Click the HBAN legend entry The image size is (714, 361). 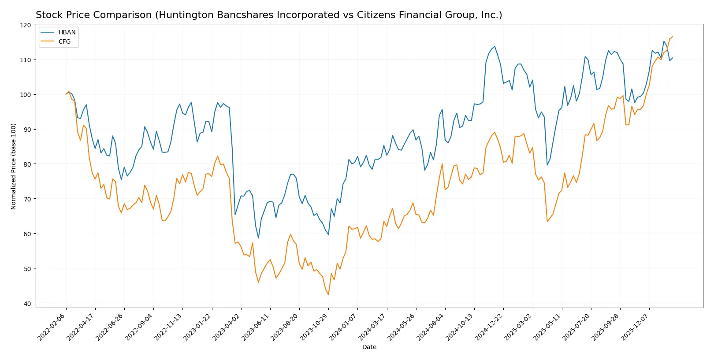[67, 32]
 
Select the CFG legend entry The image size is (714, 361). [64, 41]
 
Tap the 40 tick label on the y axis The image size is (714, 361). [28, 303]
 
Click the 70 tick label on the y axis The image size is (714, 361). [28, 199]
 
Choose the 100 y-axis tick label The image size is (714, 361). [26, 95]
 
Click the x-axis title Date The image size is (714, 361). [369, 347]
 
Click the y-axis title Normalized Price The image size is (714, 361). [14, 166]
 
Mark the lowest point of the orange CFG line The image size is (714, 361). [328, 295]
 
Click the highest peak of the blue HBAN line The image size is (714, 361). [495, 46]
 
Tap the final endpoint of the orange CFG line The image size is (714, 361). [673, 37]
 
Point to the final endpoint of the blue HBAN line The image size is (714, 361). [673, 58]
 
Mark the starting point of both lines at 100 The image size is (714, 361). [66, 94]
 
